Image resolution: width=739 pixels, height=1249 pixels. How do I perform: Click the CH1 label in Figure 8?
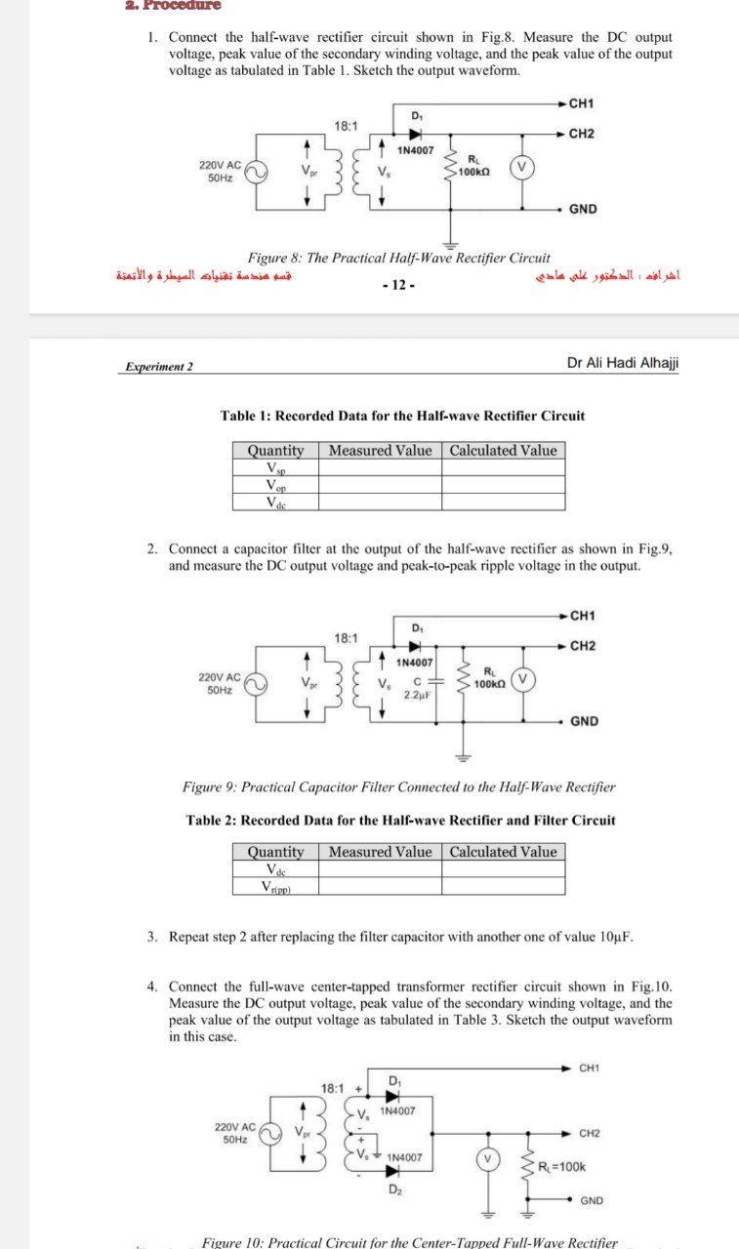[x=583, y=103]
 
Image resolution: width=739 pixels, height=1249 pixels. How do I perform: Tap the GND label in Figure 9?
[x=584, y=721]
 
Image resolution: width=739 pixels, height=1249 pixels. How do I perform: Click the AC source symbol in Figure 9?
[x=256, y=683]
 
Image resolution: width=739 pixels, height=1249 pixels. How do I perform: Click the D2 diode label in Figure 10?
[x=395, y=1189]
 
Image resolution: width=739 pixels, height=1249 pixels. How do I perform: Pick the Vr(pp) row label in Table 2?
[x=276, y=886]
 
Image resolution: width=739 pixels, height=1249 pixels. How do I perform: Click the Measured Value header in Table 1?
[x=380, y=450]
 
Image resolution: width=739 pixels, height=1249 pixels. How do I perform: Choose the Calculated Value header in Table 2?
[x=503, y=852]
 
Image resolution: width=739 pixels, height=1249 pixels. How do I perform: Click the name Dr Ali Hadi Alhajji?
[x=622, y=363]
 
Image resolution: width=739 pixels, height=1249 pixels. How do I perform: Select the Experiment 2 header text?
[x=159, y=366]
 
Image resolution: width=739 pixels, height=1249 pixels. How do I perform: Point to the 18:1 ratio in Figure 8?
[x=346, y=126]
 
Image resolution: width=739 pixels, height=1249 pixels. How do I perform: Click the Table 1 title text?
[x=402, y=416]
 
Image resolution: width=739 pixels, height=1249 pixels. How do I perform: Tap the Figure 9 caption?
[x=398, y=786]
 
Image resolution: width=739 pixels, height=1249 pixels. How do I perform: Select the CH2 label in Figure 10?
[x=589, y=1133]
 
